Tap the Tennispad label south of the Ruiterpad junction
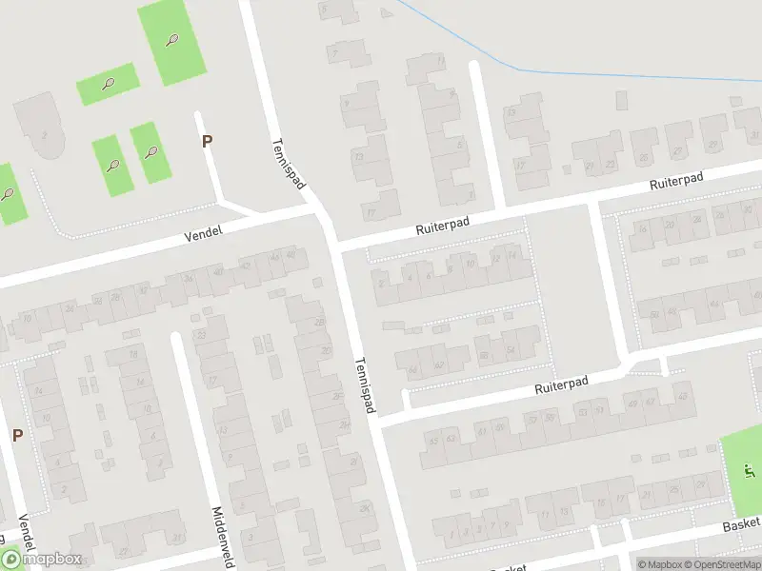click(x=367, y=385)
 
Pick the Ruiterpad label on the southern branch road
click(x=562, y=384)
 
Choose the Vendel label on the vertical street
click(x=25, y=534)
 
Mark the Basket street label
click(x=740, y=524)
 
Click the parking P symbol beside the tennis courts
click(x=207, y=142)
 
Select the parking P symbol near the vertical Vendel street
click(x=16, y=435)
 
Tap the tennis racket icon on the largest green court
click(x=171, y=40)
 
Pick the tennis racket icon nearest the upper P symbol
click(x=151, y=151)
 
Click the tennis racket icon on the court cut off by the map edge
click(x=8, y=194)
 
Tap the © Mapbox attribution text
click(x=659, y=564)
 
